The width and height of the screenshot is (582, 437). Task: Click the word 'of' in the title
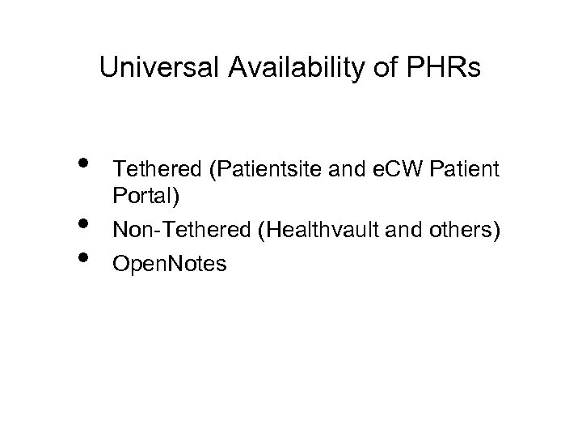(368, 69)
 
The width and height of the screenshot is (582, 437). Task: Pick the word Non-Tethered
(182, 231)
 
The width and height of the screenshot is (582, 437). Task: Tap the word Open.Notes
(171, 264)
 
